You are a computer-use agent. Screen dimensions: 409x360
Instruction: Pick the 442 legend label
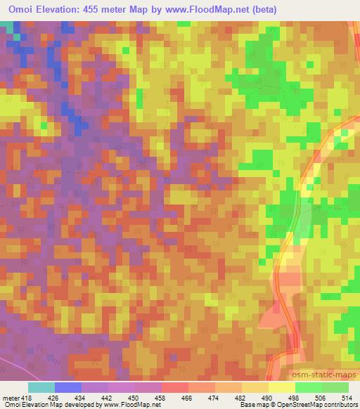tap(108, 397)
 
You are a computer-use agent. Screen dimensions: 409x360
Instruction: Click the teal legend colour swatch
tap(41, 387)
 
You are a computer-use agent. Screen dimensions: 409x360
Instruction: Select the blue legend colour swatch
tap(68, 387)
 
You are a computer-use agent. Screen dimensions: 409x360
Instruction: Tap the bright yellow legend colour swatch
tap(282, 387)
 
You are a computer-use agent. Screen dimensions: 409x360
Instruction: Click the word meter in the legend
tap(10, 397)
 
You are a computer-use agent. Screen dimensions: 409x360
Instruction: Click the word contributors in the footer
tap(340, 405)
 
